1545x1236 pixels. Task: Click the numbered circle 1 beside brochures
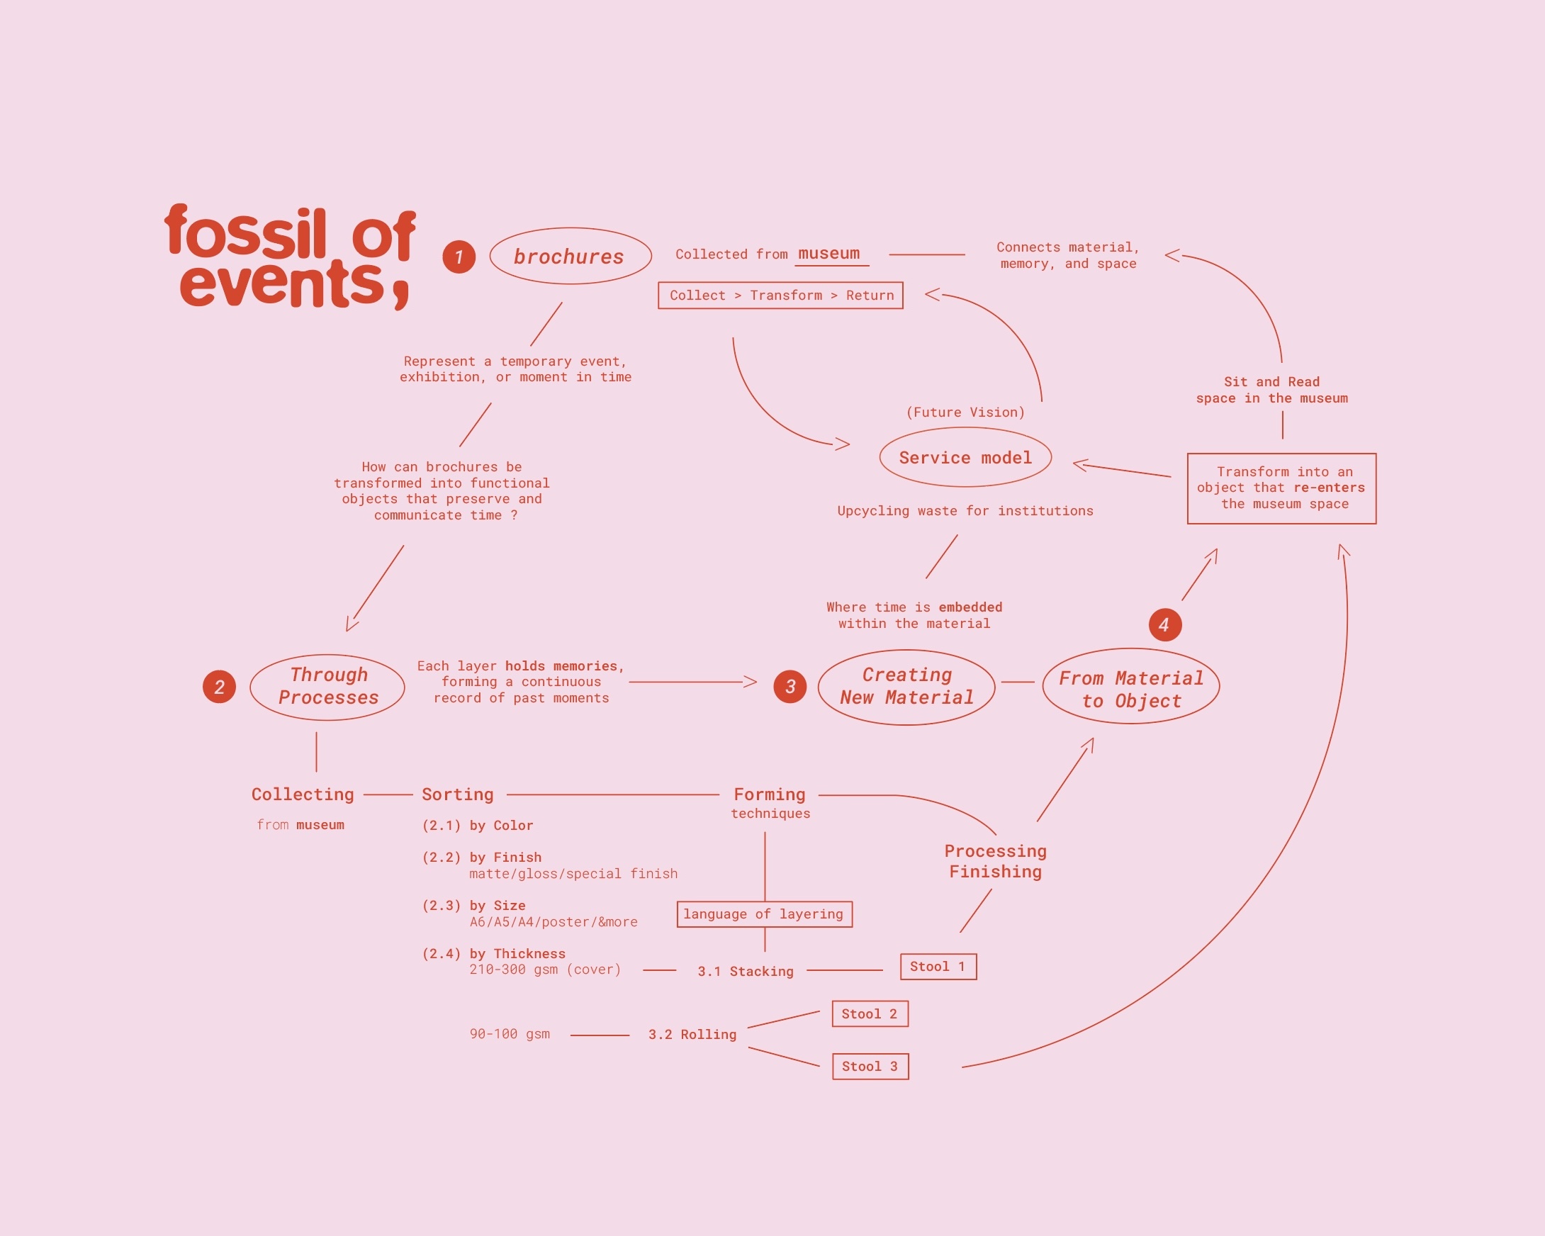(x=459, y=257)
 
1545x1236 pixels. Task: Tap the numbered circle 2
(x=219, y=687)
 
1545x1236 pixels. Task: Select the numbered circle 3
(x=790, y=687)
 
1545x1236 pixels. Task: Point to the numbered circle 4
(x=1165, y=625)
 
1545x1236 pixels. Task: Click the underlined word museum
(x=829, y=254)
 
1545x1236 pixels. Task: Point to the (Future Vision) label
(x=965, y=412)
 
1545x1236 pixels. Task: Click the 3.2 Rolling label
(x=692, y=1034)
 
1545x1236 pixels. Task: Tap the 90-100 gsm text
(x=510, y=1034)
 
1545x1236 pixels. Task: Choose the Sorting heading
(x=457, y=794)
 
